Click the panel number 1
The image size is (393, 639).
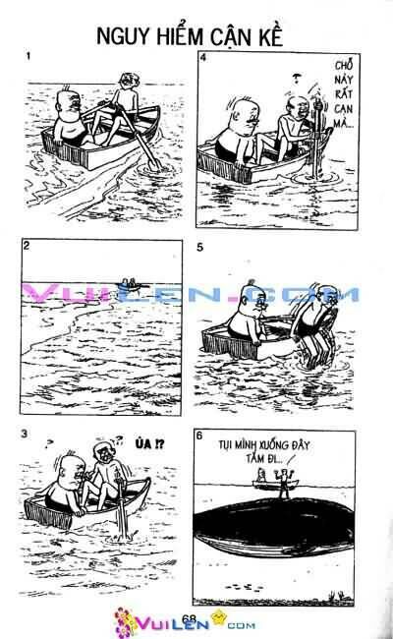[x=29, y=57]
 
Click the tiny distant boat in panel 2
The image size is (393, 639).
[x=129, y=284]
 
